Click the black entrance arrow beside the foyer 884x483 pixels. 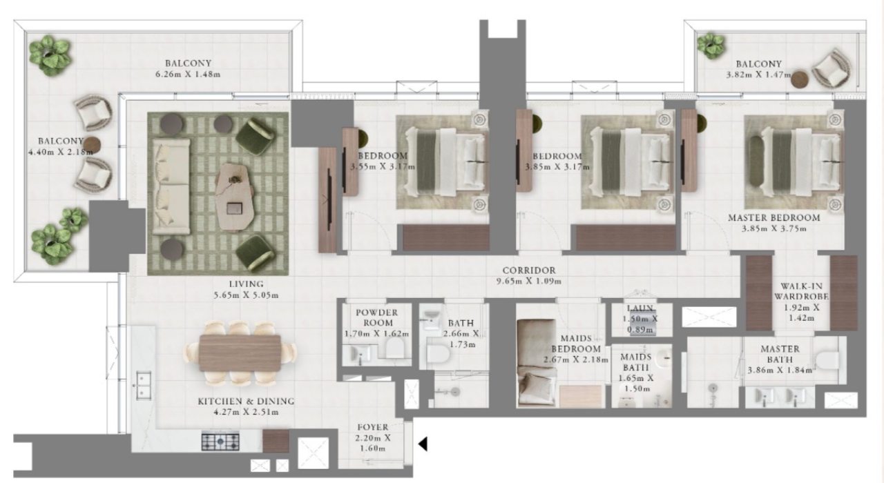point(423,444)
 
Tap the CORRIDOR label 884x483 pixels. point(529,270)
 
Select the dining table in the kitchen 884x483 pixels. point(240,353)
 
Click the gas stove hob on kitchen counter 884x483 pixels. point(220,441)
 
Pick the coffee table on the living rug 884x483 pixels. point(235,197)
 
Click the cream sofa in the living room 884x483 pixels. point(171,186)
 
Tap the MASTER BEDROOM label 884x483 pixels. point(774,217)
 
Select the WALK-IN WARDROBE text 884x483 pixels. point(801,291)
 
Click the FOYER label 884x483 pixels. point(372,427)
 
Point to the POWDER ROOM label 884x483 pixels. point(377,318)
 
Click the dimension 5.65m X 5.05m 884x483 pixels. point(247,295)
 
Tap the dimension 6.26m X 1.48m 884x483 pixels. point(189,74)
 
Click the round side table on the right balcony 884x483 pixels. point(799,79)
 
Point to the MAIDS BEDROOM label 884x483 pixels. point(576,344)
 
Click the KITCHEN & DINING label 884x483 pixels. point(247,402)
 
